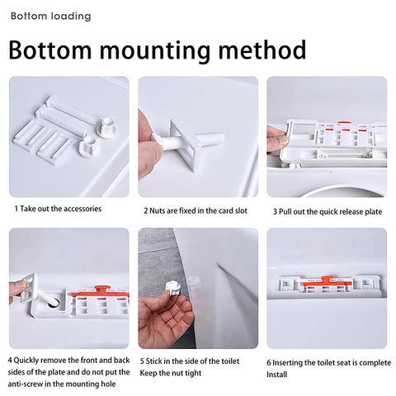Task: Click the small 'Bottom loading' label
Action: [50, 16]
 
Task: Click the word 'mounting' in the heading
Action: [154, 50]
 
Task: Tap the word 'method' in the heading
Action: [262, 49]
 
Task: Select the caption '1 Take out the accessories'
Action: [58, 209]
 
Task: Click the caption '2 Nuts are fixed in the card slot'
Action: [196, 211]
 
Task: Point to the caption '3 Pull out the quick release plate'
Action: [328, 212]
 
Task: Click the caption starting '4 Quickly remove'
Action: [68, 372]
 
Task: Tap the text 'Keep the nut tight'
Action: [171, 373]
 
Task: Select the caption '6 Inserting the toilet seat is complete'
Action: [328, 363]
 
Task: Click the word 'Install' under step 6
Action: [277, 375]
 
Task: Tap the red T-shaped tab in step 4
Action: [102, 290]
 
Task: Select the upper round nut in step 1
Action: [107, 126]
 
